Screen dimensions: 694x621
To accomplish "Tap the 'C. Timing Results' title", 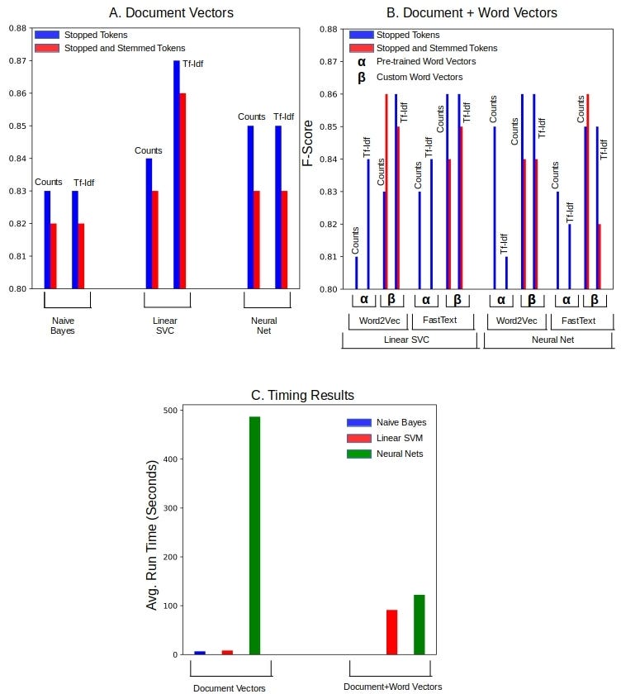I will [x=302, y=396].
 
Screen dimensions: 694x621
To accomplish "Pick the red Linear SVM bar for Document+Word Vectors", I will [x=391, y=632].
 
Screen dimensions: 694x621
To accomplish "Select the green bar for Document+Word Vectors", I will [x=420, y=625].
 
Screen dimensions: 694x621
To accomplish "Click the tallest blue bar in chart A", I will [x=176, y=174].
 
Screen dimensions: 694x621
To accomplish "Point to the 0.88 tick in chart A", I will [x=17, y=28].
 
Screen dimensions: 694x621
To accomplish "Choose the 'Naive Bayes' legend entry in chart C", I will [x=401, y=422].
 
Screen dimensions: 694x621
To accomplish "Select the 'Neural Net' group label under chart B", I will [x=548, y=340].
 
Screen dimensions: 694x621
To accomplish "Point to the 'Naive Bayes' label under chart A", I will [x=62, y=326].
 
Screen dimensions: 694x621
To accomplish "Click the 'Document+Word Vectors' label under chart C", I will [x=393, y=687].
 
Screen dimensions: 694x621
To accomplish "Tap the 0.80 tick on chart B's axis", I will [x=329, y=289].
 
